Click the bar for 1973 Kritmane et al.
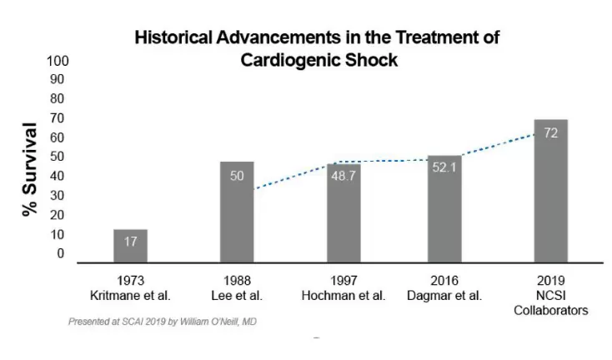click(130, 246)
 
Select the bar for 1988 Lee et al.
click(237, 212)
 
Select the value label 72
click(550, 133)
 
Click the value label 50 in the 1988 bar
click(237, 176)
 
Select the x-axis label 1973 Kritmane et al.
click(130, 287)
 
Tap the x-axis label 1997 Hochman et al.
click(344, 287)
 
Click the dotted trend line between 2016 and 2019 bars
click(497, 144)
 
